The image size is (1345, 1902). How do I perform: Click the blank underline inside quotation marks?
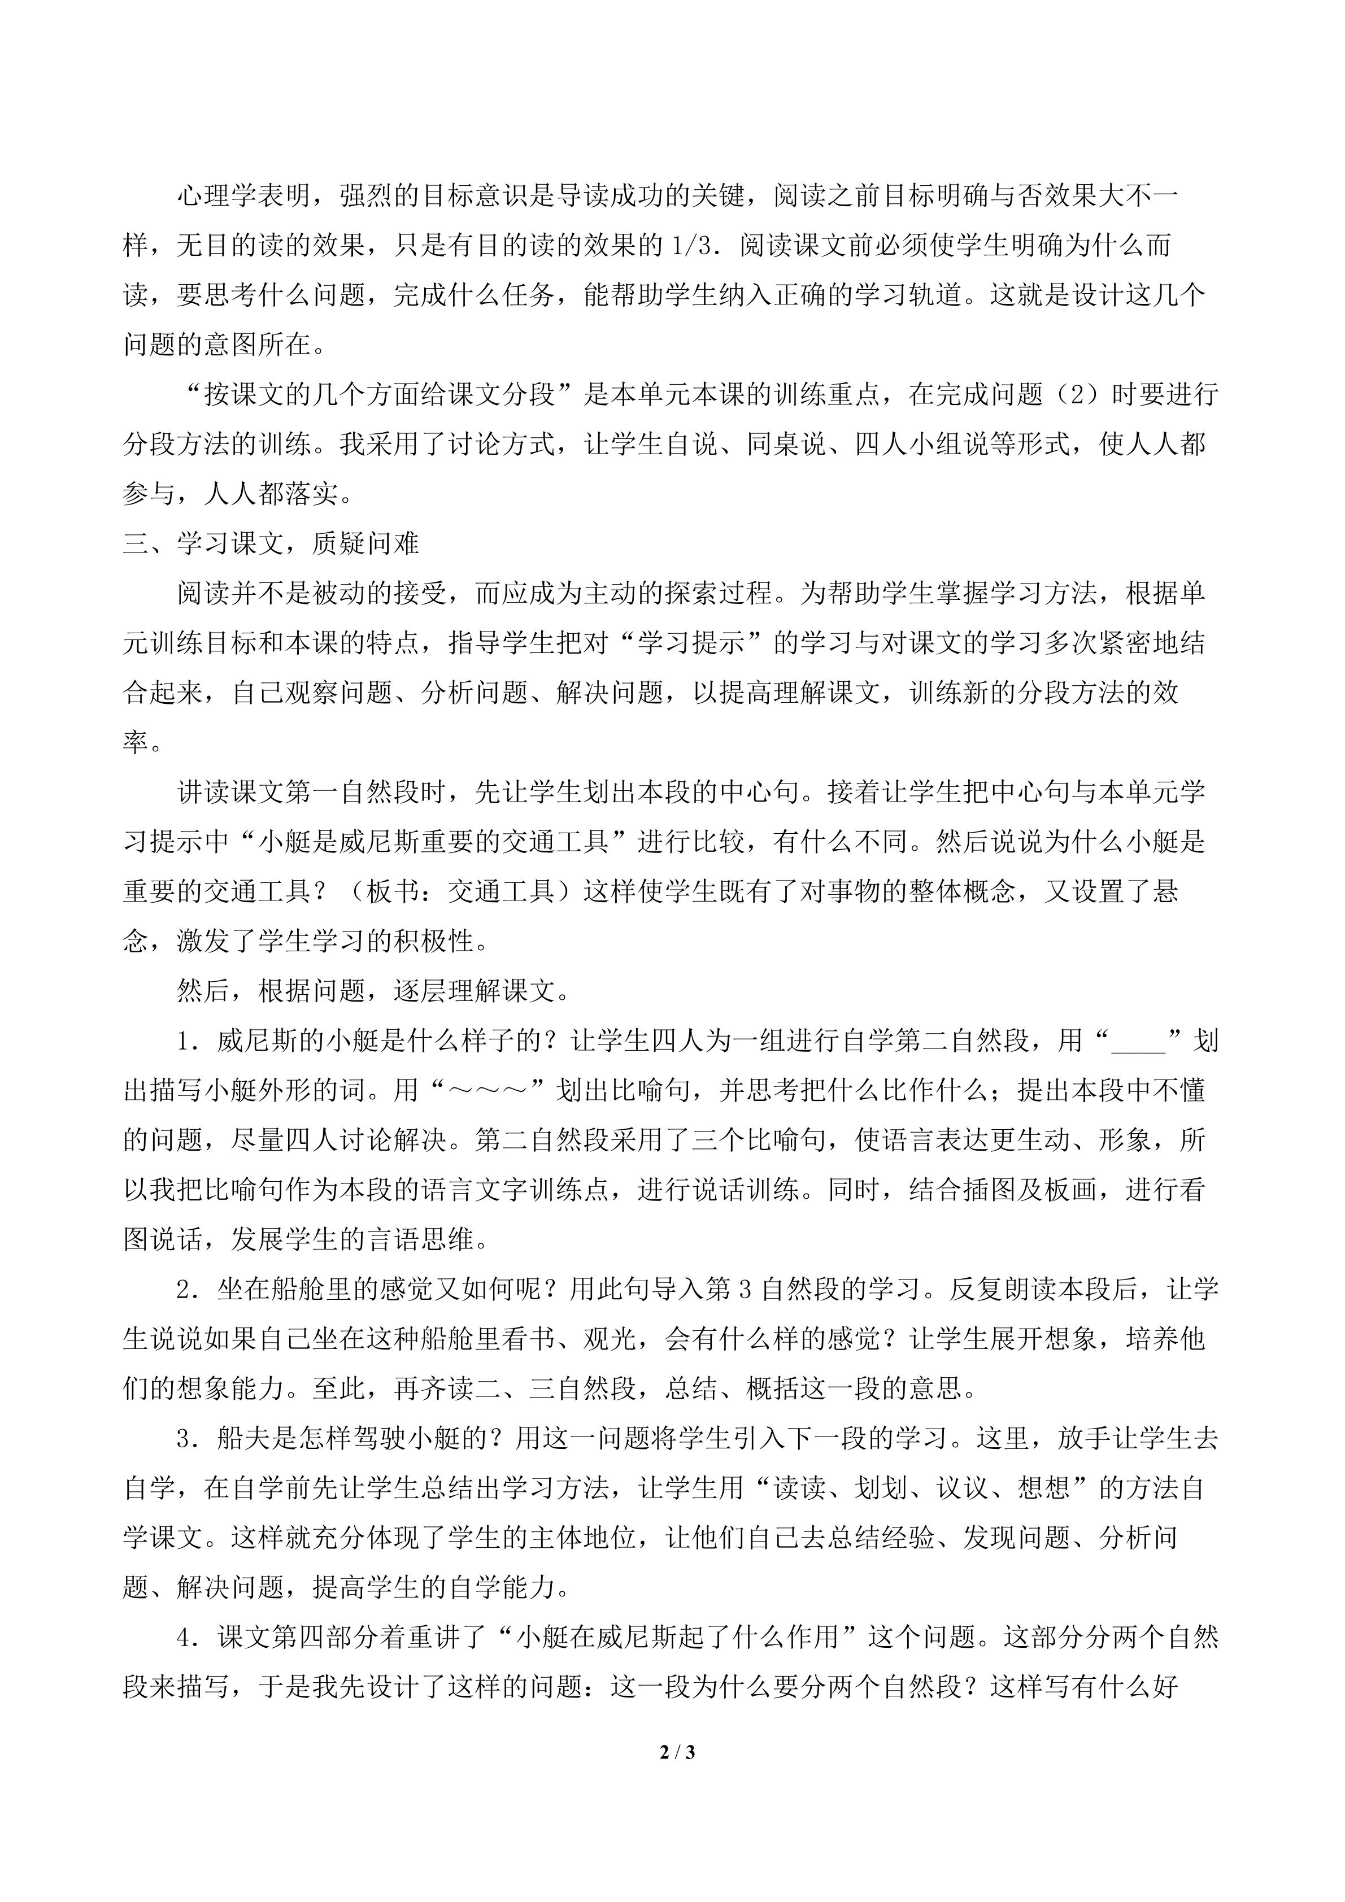pyautogui.click(x=1139, y=1041)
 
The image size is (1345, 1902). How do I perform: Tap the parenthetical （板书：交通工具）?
pyautogui.click(x=460, y=892)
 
